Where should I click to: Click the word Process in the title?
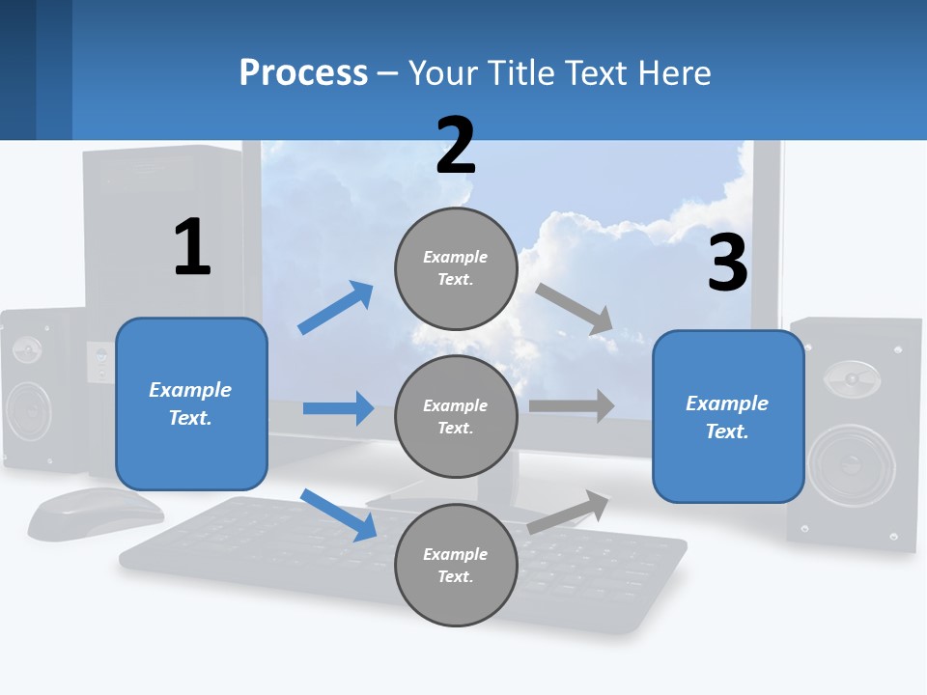303,73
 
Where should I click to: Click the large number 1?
192,247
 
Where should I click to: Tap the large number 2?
456,146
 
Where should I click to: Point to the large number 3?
728,263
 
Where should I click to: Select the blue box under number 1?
191,403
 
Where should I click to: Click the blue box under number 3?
728,416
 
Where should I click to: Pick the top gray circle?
456,268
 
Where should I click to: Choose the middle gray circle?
456,416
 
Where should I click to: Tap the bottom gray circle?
456,565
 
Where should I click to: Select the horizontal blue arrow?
338,408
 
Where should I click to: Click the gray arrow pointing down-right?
575,309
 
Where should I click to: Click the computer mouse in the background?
96,512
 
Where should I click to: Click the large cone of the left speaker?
32,410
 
